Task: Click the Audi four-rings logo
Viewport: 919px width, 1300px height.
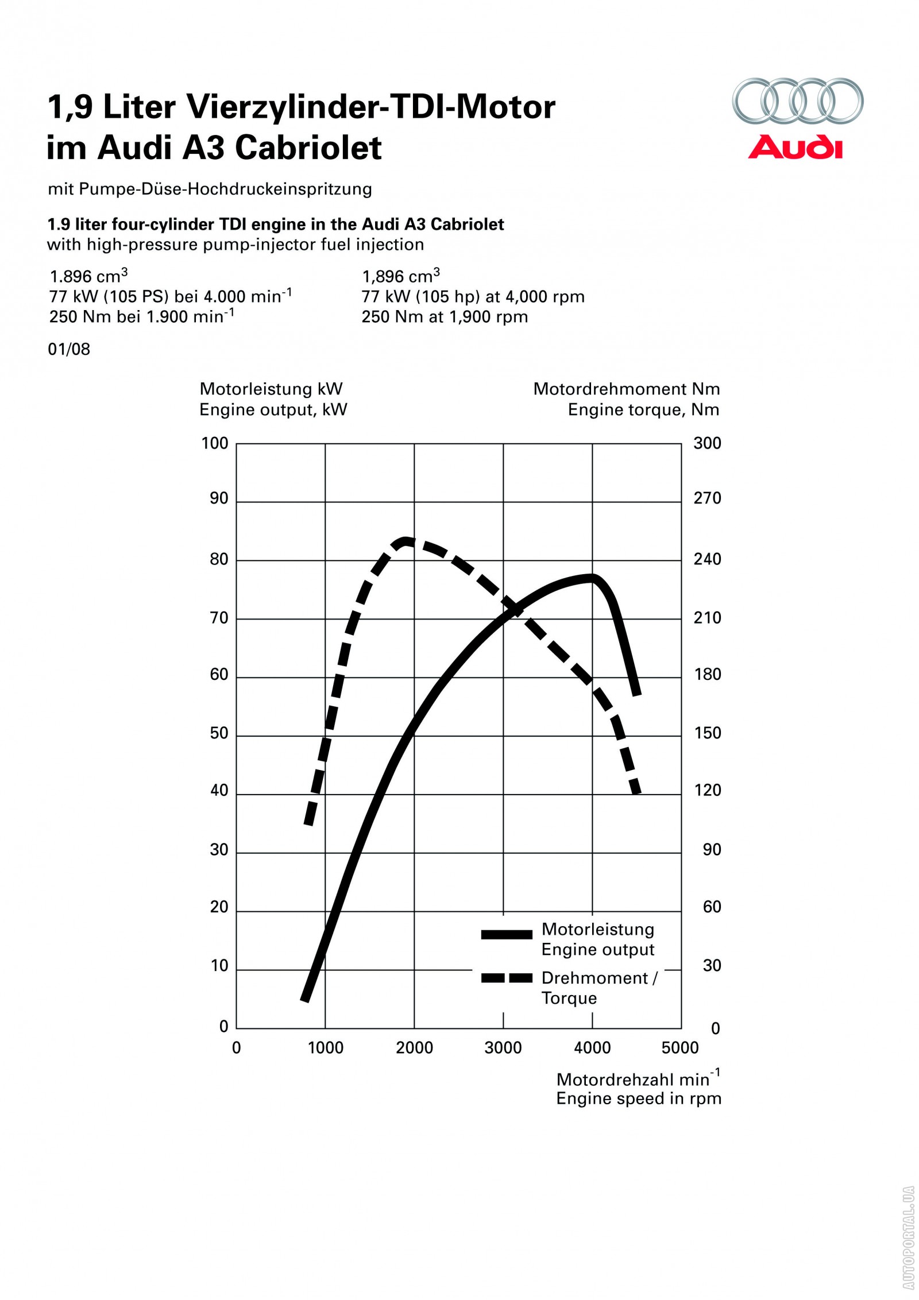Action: (x=797, y=101)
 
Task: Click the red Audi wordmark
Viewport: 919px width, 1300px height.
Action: (x=795, y=147)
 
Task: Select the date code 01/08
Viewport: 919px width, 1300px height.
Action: (x=69, y=349)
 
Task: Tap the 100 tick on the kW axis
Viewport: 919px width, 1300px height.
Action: (x=215, y=443)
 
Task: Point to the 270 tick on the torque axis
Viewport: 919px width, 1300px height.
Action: (x=707, y=498)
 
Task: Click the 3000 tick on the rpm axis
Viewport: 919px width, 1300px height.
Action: (x=503, y=1048)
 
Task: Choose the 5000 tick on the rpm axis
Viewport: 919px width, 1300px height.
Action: (x=680, y=1048)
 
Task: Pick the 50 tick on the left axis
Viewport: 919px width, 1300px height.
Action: (x=219, y=733)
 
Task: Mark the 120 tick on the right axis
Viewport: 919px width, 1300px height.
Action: (x=707, y=791)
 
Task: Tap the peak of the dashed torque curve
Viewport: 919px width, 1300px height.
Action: (x=406, y=541)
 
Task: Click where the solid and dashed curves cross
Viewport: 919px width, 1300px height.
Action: (x=514, y=610)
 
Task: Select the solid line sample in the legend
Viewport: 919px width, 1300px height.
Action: (x=507, y=935)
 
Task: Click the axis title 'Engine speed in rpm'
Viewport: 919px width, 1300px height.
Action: (x=638, y=1098)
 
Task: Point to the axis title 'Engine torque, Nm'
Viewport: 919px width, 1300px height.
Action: (x=643, y=410)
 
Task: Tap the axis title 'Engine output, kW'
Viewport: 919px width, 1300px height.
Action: (x=273, y=410)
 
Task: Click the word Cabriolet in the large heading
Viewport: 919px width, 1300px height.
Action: (x=308, y=148)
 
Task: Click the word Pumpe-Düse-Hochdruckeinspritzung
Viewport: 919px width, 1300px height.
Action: (x=225, y=189)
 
